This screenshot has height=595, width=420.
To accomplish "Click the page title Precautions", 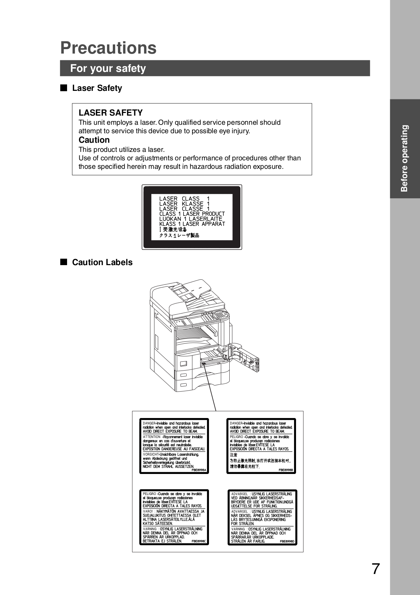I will pyautogui.click(x=108, y=48).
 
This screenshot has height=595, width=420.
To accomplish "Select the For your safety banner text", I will pyautogui.click(x=108, y=68).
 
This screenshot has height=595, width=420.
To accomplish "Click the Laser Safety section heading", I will pyautogui.click(x=97, y=88).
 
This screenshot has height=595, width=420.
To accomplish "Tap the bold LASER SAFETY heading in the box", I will pyautogui.click(x=110, y=113).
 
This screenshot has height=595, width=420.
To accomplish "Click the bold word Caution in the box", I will pyautogui.click(x=94, y=140).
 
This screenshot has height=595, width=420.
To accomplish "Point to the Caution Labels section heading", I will pyautogui.click(x=102, y=262).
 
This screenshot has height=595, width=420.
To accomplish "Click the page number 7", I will pyautogui.click(x=376, y=569).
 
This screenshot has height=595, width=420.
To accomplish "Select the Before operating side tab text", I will pyautogui.click(x=404, y=158).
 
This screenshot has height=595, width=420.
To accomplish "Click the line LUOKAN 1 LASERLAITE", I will pyautogui.click(x=191, y=219).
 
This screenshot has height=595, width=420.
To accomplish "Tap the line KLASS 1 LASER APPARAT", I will pyautogui.click(x=192, y=224).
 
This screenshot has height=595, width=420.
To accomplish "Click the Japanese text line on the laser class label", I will pyautogui.click(x=179, y=235).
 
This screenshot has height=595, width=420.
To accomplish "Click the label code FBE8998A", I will pyautogui.click(x=199, y=470).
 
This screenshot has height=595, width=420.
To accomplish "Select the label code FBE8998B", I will pyautogui.click(x=286, y=470).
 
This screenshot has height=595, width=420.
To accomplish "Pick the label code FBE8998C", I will pyautogui.click(x=198, y=541).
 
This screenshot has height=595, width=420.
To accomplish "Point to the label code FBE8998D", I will pyautogui.click(x=287, y=541).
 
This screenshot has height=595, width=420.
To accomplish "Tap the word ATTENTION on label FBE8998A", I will pyautogui.click(x=151, y=437).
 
